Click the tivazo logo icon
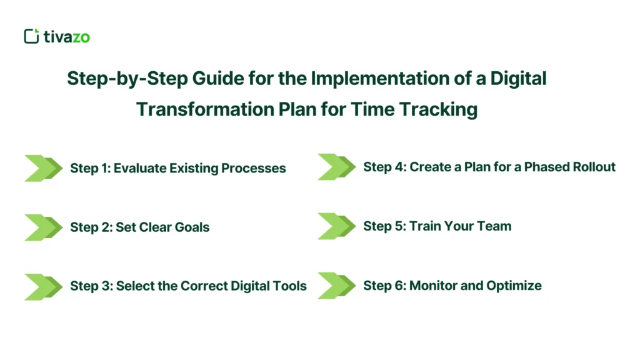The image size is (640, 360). (31, 36)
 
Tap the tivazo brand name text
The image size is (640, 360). (66, 37)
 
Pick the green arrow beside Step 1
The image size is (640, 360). (43, 168)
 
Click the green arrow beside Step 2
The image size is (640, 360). (43, 227)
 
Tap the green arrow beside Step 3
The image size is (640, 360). (43, 286)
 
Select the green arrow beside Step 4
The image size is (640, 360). (336, 167)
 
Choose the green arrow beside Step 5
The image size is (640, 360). (336, 226)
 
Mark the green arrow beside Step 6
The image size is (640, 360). (336, 286)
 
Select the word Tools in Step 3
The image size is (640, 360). (289, 286)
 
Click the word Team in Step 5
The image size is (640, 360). (495, 226)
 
